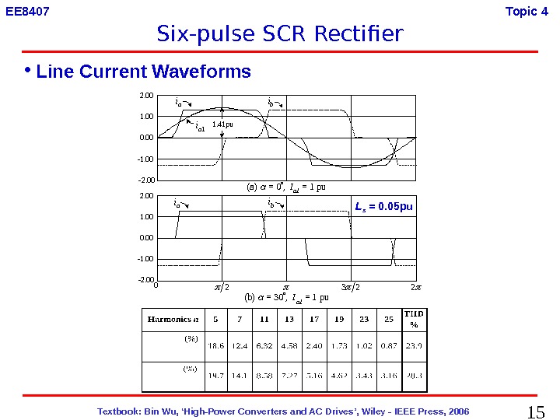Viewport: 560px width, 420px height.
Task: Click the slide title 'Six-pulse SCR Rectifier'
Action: pos(280,35)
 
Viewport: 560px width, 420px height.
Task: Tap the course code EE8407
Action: pos(27,11)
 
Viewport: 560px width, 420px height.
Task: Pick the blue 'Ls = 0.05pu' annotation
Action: pos(384,207)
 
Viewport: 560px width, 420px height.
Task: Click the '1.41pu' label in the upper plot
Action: pos(222,123)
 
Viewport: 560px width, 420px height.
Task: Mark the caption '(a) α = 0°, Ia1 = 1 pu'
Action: pos(285,187)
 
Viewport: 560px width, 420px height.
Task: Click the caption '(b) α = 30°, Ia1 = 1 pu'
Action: pos(285,297)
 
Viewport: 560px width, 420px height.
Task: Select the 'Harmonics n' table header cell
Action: pos(173,319)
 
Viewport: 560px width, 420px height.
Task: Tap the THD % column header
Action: pos(414,319)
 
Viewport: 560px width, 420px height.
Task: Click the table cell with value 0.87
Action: pos(387,346)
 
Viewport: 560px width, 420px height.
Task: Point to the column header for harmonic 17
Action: pos(313,319)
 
